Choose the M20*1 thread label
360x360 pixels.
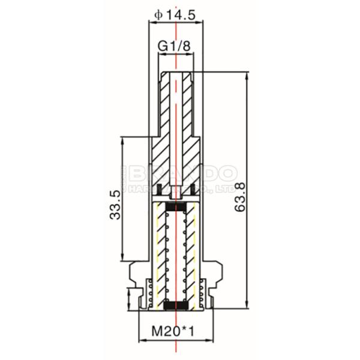(x=175, y=331)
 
